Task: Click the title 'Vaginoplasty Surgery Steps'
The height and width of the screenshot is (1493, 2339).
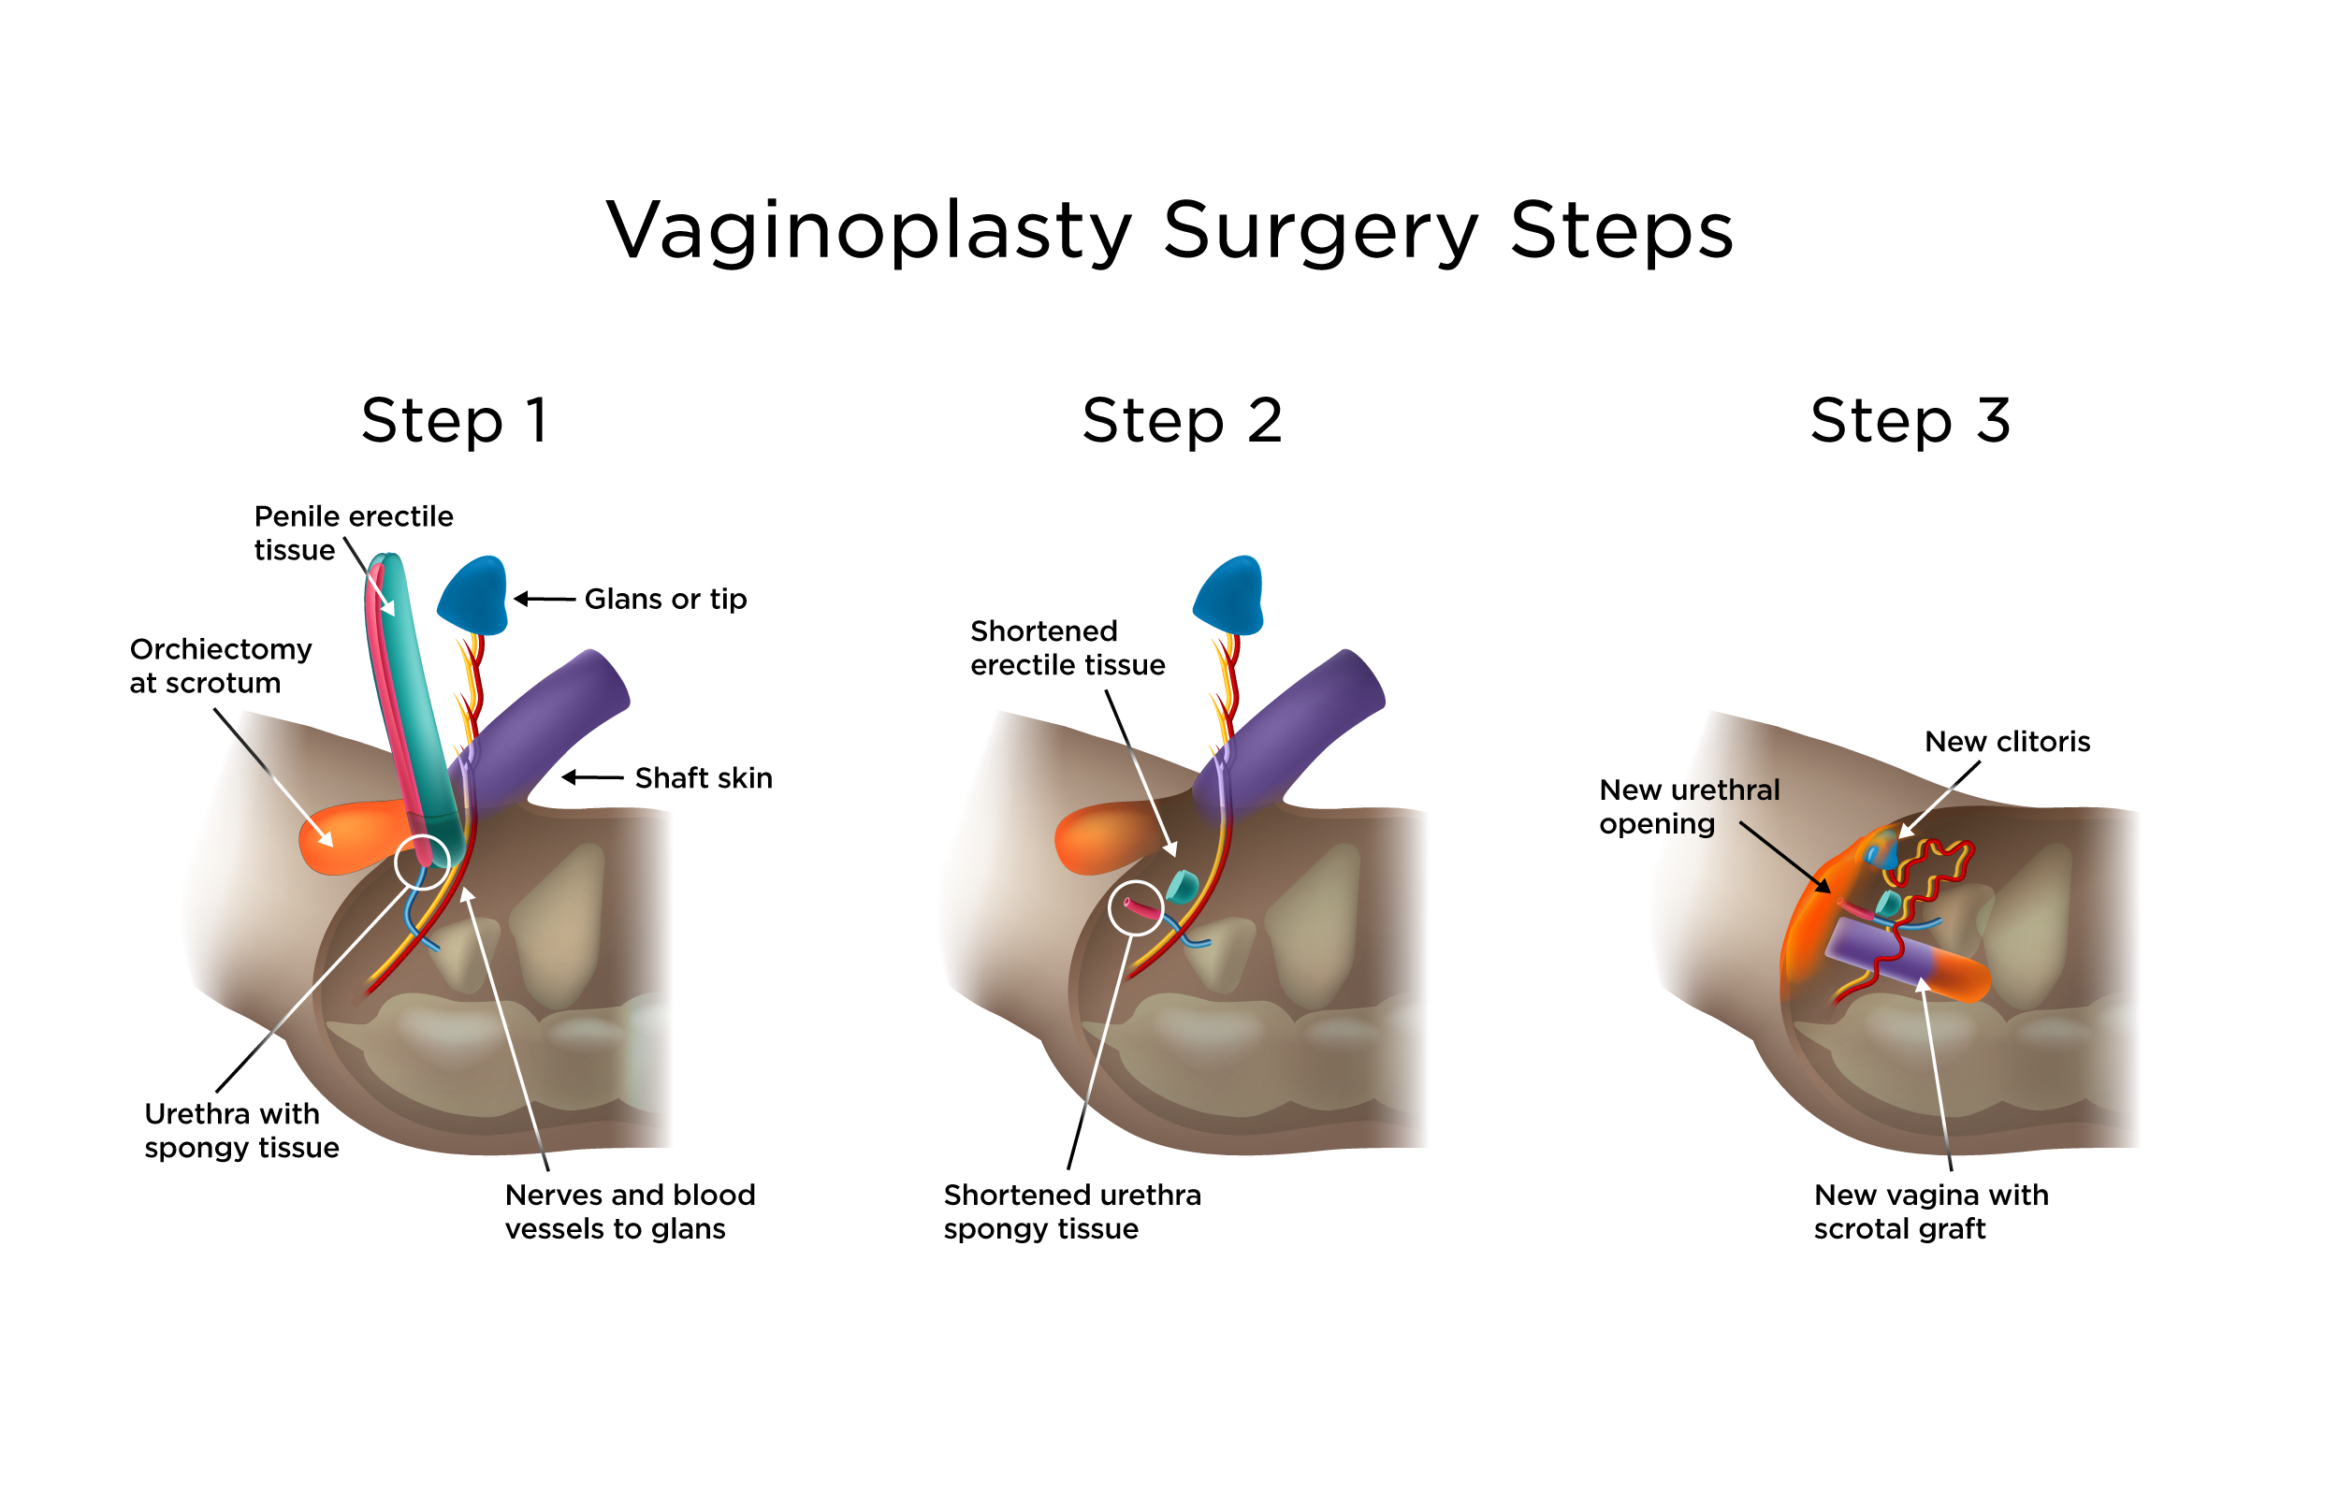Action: click(1169, 231)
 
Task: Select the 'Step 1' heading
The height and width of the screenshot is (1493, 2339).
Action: click(455, 421)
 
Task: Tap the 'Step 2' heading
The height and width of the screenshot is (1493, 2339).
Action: click(1182, 421)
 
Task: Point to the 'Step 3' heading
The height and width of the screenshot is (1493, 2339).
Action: click(1910, 421)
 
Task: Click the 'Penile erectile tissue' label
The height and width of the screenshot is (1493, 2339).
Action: click(353, 532)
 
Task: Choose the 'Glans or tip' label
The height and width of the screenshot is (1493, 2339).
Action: click(665, 600)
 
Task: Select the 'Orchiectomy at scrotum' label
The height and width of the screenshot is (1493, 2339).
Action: click(221, 665)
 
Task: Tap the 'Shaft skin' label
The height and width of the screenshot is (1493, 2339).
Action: click(704, 778)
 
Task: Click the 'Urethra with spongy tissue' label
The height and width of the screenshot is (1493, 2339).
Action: click(240, 1130)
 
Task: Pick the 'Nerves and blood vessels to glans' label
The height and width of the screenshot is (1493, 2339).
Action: click(630, 1211)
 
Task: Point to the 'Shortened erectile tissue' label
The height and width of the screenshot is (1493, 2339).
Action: click(1067, 648)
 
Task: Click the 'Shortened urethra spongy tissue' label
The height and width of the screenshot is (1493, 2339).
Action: click(1071, 1211)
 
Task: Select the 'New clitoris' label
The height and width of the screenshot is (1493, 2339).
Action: click(2007, 742)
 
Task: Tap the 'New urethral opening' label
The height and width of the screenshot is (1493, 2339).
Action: click(1688, 806)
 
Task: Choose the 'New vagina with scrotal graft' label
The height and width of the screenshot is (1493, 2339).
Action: click(1930, 1211)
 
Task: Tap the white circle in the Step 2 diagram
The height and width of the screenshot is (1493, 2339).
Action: click(1136, 907)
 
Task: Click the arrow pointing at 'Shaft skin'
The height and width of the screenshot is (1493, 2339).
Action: click(592, 777)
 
